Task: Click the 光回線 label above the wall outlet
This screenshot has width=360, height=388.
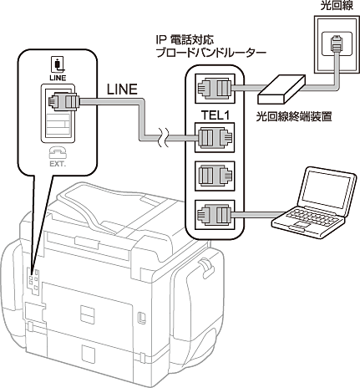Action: click(x=337, y=5)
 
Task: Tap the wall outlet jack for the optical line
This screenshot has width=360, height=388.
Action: click(x=337, y=44)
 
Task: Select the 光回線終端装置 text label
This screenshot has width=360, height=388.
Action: click(x=294, y=117)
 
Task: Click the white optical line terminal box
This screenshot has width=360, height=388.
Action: click(x=281, y=89)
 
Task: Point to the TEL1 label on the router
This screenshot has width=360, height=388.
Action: click(x=215, y=115)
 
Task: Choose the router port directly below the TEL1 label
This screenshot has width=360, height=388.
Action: click(x=215, y=137)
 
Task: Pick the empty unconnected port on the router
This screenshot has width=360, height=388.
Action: click(x=215, y=176)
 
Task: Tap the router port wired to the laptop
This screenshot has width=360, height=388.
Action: click(x=215, y=215)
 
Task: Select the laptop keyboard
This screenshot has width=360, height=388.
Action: click(x=311, y=217)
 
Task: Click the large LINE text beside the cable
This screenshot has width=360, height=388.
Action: click(x=122, y=89)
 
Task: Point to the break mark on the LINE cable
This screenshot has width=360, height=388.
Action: click(x=163, y=137)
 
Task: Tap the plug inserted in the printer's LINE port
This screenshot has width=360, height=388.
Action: click(x=64, y=101)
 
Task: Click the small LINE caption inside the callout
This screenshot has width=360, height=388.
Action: click(x=58, y=78)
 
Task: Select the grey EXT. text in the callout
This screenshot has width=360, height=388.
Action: click(x=58, y=164)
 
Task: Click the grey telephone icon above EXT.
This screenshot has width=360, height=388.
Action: click(x=58, y=152)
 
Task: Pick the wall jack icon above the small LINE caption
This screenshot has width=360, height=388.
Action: click(x=58, y=64)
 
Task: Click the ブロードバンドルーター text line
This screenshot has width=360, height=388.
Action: click(x=210, y=53)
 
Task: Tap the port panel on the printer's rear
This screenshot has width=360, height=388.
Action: click(x=33, y=281)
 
